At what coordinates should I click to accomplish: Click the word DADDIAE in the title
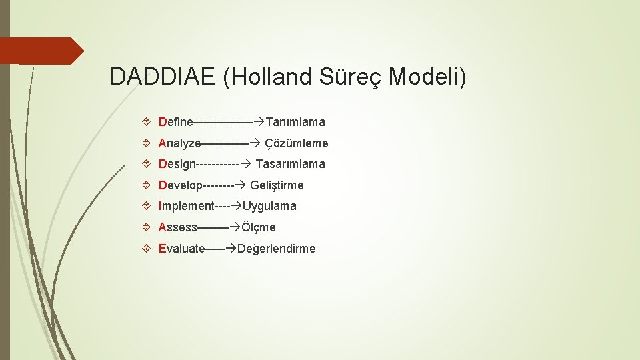click(163, 77)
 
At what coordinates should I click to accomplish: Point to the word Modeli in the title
click(427, 77)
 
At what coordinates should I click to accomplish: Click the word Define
click(175, 122)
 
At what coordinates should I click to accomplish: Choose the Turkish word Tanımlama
click(295, 122)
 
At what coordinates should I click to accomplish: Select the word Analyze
click(179, 143)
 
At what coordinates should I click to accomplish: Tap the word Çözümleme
click(297, 143)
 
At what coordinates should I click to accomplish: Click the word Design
click(177, 164)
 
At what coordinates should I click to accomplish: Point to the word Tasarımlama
click(291, 164)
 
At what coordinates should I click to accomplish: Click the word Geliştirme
click(277, 185)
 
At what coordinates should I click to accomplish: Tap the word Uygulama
click(269, 207)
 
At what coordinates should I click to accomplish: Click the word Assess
click(178, 227)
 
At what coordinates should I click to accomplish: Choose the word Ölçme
click(259, 227)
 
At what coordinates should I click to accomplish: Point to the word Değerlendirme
click(277, 249)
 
